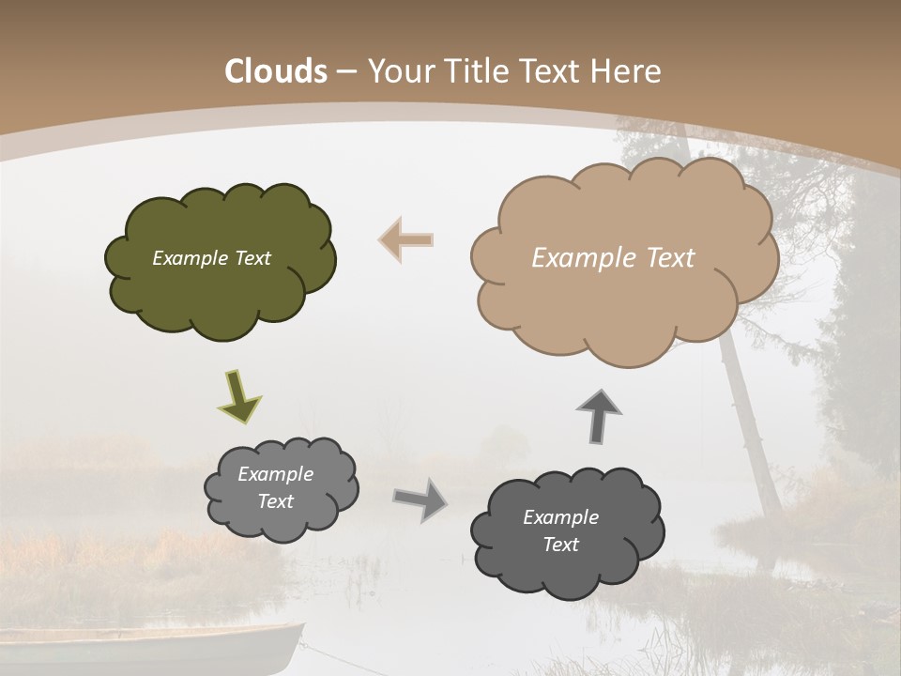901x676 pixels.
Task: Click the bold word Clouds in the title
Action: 276,71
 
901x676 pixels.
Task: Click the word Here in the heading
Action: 629,71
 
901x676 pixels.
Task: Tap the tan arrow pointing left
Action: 406,239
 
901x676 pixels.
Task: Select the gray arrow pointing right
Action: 420,499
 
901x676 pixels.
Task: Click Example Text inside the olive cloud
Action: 211,258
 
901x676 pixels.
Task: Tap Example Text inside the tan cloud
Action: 613,258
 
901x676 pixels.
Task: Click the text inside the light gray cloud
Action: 275,487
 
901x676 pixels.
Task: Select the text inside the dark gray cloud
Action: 560,530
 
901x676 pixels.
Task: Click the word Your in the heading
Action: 402,71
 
